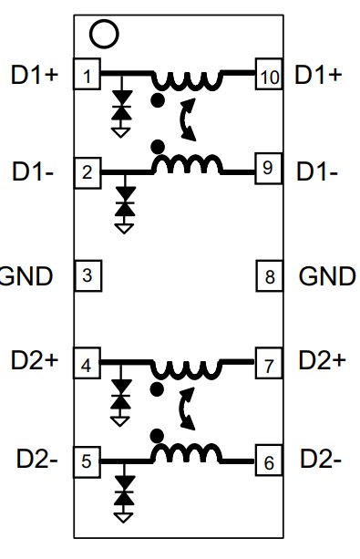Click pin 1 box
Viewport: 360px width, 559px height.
(x=87, y=76)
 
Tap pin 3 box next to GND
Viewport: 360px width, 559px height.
(x=87, y=275)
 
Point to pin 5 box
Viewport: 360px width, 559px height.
(x=87, y=461)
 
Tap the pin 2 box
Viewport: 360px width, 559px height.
(x=87, y=171)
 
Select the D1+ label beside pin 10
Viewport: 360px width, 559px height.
(x=318, y=75)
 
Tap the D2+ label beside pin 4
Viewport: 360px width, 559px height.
(x=35, y=360)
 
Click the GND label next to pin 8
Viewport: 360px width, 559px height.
(x=327, y=275)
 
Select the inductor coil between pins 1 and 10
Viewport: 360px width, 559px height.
(x=187, y=80)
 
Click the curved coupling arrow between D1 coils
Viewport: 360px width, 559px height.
(x=188, y=121)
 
